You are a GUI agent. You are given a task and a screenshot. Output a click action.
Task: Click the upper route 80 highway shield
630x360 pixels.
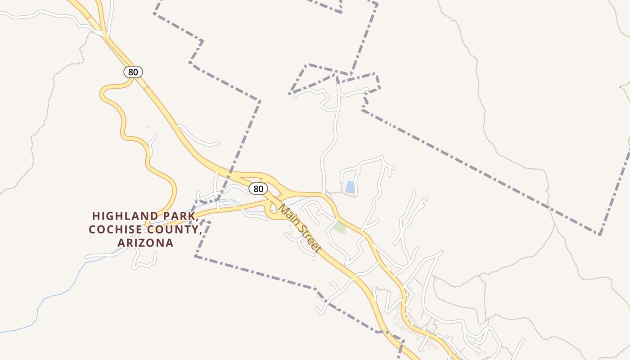click(x=133, y=72)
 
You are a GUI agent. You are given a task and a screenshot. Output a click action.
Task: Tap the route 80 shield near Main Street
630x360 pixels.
click(x=258, y=189)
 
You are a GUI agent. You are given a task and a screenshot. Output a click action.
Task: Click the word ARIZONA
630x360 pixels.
click(x=145, y=243)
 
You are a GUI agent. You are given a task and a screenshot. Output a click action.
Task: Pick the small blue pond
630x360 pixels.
click(x=350, y=187)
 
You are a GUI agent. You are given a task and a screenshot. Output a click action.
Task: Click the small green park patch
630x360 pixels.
click(x=340, y=227)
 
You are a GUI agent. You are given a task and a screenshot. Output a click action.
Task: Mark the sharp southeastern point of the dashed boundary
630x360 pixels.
click(x=600, y=234)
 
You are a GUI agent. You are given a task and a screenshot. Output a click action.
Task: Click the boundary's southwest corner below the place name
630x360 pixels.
click(x=195, y=256)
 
